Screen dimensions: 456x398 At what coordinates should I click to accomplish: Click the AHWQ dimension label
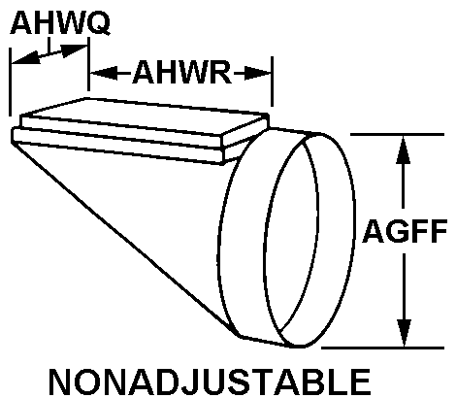click(x=60, y=22)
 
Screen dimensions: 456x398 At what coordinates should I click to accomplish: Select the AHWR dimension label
click(x=182, y=73)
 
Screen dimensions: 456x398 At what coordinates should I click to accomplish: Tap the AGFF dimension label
click(x=405, y=231)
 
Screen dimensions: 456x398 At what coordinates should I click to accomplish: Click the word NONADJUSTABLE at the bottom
click(x=210, y=381)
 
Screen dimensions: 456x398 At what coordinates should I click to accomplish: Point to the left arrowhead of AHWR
click(x=104, y=73)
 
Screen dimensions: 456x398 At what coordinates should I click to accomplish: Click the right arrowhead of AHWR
click(x=257, y=73)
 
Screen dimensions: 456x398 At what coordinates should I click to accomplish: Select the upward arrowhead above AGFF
click(x=403, y=149)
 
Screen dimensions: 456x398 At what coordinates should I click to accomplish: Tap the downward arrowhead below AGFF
click(x=405, y=333)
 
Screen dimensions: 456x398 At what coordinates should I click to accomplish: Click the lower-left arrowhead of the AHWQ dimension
click(x=26, y=58)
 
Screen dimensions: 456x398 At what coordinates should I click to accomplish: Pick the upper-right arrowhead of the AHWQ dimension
click(x=74, y=50)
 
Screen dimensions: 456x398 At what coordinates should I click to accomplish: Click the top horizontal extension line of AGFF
click(x=397, y=134)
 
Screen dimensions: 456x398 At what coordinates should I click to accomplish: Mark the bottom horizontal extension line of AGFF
click(x=383, y=348)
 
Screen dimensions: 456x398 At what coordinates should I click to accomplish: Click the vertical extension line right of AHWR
click(x=272, y=82)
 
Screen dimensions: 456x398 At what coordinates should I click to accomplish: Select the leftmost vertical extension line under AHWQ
click(x=11, y=82)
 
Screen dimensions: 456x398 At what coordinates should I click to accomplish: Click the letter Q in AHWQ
click(x=99, y=23)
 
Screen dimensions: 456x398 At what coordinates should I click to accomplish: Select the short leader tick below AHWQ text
click(x=49, y=46)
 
